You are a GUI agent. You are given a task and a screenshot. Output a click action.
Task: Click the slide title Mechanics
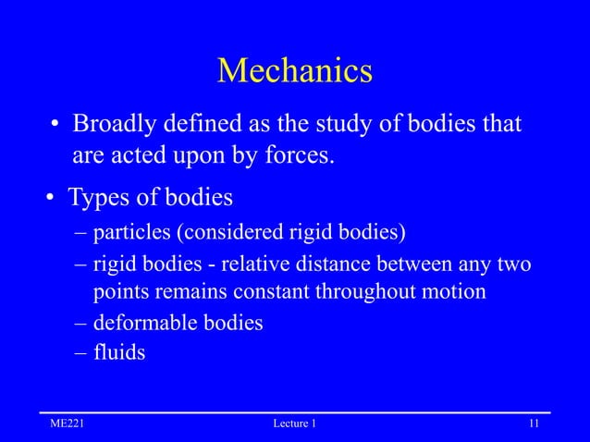point(294,71)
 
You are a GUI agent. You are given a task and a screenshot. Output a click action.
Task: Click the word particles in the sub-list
point(131,230)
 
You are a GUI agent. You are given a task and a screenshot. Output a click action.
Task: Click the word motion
point(459,293)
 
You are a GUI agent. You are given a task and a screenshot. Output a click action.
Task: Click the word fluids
point(119,352)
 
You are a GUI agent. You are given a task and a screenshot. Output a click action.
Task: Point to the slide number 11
point(534,424)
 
